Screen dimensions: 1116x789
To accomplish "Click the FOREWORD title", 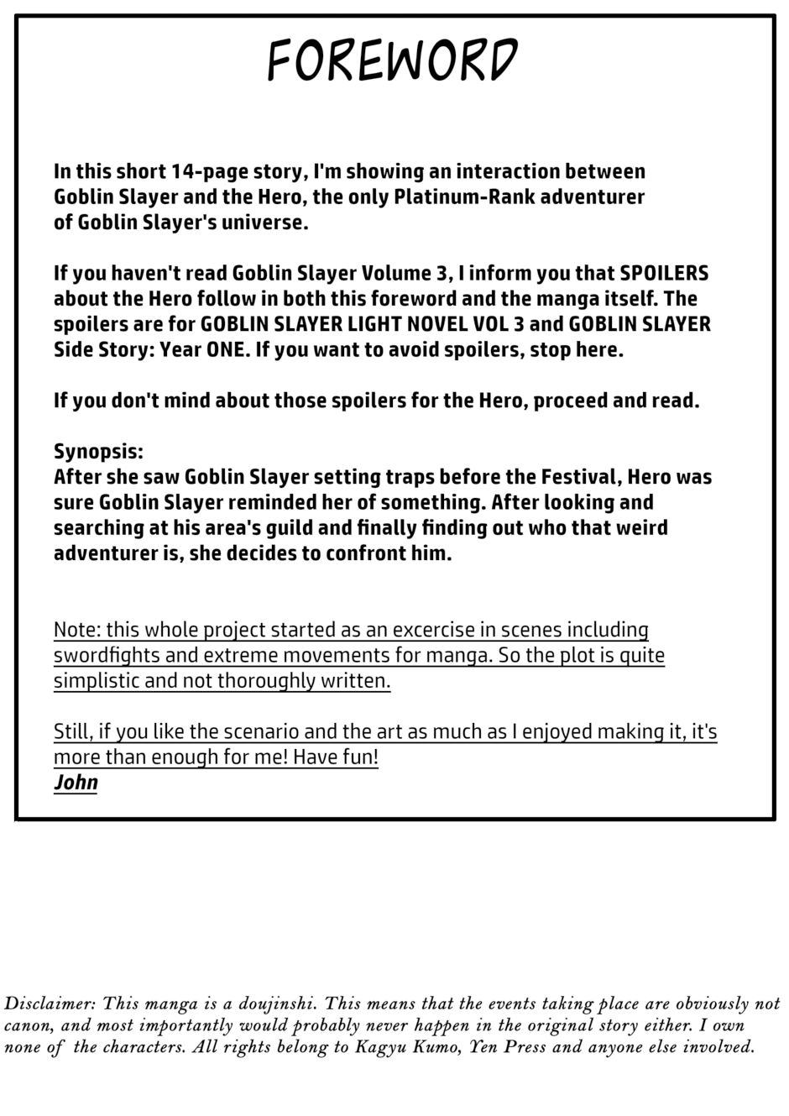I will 393,61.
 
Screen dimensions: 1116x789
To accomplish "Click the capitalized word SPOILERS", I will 664,274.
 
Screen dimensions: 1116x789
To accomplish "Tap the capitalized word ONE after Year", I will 227,349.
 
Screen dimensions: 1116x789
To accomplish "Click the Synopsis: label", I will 98,452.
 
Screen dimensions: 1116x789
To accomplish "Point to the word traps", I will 410,477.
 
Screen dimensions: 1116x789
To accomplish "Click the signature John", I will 76,783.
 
